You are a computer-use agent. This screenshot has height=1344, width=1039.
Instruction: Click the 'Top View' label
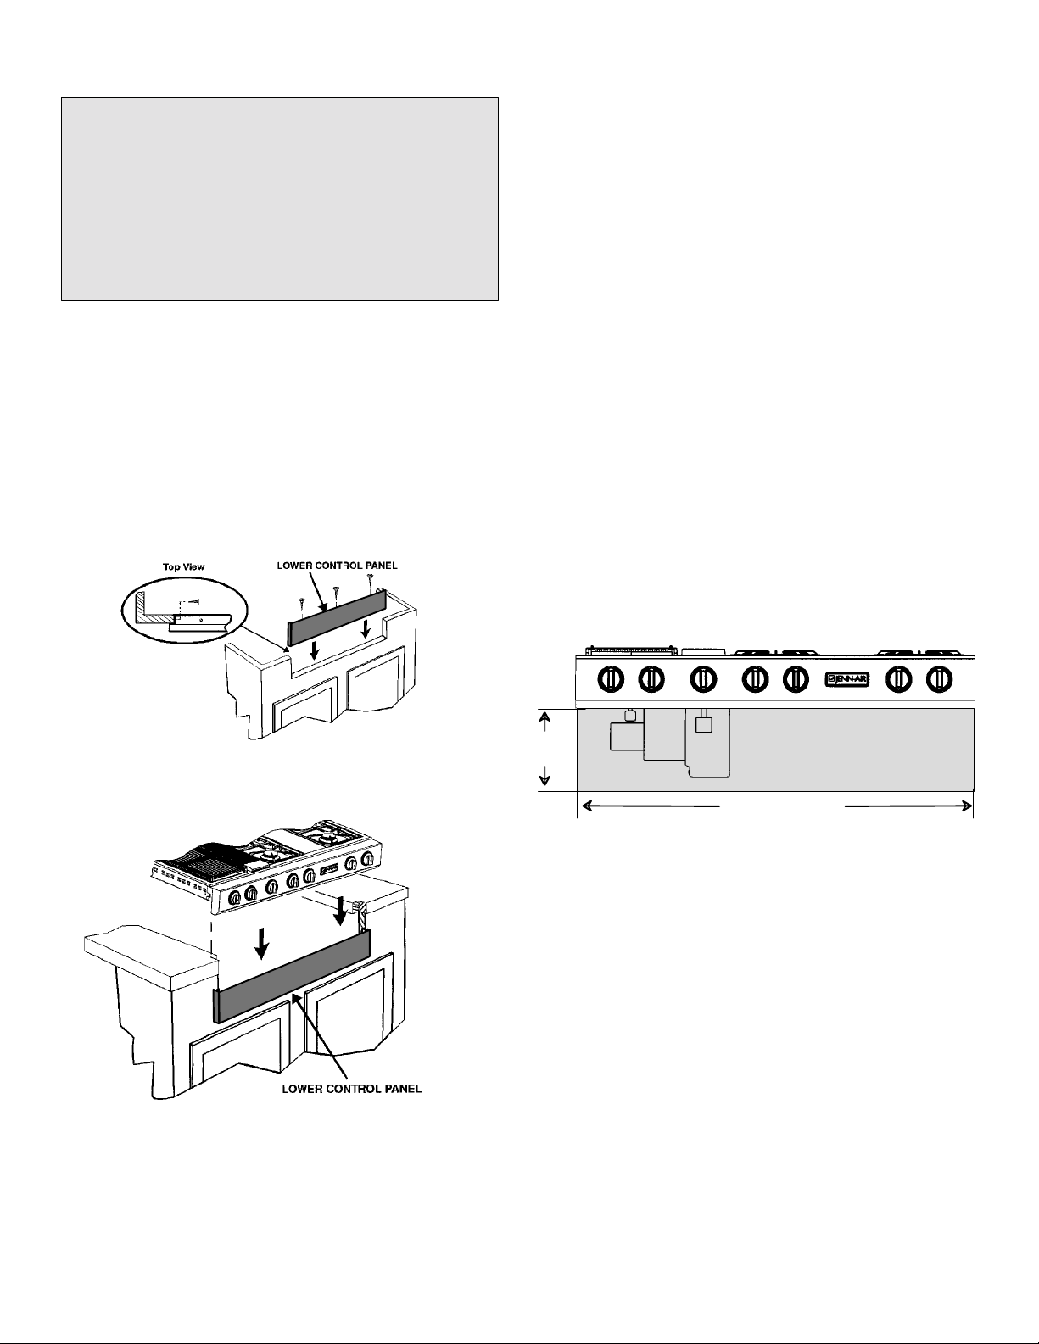pyautogui.click(x=184, y=566)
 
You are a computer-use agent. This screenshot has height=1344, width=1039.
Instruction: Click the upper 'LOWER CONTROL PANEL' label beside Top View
pyautogui.click(x=337, y=566)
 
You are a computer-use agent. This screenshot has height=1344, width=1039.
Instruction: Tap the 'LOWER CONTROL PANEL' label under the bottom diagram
pyautogui.click(x=352, y=1089)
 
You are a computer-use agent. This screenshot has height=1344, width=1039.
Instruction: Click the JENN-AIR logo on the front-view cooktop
pyautogui.click(x=846, y=679)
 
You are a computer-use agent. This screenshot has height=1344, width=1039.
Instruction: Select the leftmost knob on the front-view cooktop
pyautogui.click(x=611, y=680)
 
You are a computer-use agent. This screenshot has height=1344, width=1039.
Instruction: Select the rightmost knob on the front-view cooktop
pyautogui.click(x=939, y=680)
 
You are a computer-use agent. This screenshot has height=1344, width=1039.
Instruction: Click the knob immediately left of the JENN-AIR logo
pyautogui.click(x=796, y=680)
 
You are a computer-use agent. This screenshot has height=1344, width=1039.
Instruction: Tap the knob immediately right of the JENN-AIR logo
pyautogui.click(x=898, y=680)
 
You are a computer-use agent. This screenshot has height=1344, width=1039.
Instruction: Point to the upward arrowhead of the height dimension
pyautogui.click(x=545, y=717)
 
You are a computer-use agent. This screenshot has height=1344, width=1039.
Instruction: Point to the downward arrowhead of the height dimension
pyautogui.click(x=545, y=780)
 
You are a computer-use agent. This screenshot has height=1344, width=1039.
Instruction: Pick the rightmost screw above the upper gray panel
pyautogui.click(x=370, y=580)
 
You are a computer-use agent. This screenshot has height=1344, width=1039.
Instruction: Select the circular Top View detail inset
pyautogui.click(x=184, y=610)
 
